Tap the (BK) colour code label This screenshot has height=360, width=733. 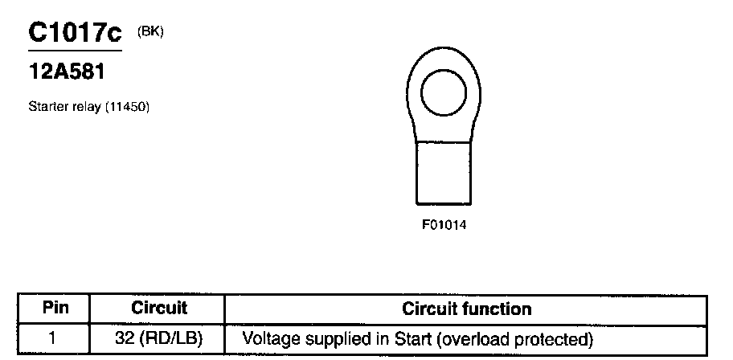point(150,31)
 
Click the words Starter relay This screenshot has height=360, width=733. point(64,106)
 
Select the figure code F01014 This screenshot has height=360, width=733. point(444,224)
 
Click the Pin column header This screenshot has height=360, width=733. point(55,308)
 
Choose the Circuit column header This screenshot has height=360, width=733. point(158,308)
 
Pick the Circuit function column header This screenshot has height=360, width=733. point(466,309)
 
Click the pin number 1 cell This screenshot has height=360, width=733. point(52,339)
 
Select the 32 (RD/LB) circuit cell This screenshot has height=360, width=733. point(158,339)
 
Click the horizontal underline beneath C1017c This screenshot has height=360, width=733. point(75,51)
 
